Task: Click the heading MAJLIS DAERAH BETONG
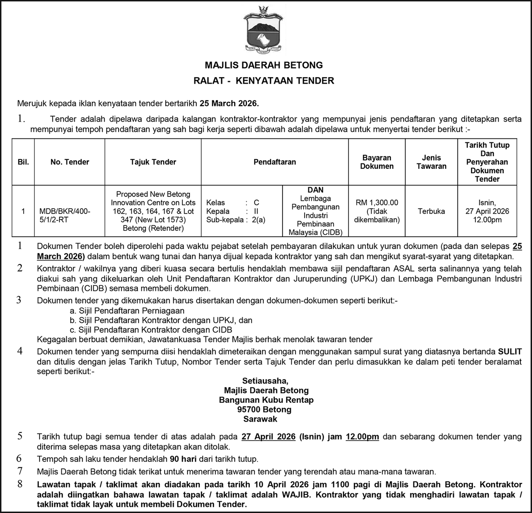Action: click(x=264, y=65)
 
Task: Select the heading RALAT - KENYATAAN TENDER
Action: click(x=264, y=81)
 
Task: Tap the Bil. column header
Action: click(x=23, y=162)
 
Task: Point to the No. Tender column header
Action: click(x=70, y=162)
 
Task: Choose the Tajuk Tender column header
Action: click(x=153, y=162)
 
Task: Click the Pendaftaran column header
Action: click(x=274, y=162)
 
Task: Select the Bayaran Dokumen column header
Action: click(x=376, y=162)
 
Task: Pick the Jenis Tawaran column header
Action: click(x=431, y=162)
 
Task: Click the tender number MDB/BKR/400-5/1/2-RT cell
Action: click(x=65, y=215)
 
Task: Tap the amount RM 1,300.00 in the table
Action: click(x=377, y=203)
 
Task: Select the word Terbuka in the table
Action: click(x=431, y=211)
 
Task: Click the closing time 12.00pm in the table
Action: click(x=487, y=220)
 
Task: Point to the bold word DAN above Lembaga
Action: click(x=315, y=190)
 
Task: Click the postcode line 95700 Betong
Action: click(x=264, y=410)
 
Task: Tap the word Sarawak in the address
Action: click(x=260, y=419)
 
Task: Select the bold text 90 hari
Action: click(x=183, y=459)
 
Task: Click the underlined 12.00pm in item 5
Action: click(x=362, y=437)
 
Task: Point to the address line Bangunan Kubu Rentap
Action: click(x=266, y=400)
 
